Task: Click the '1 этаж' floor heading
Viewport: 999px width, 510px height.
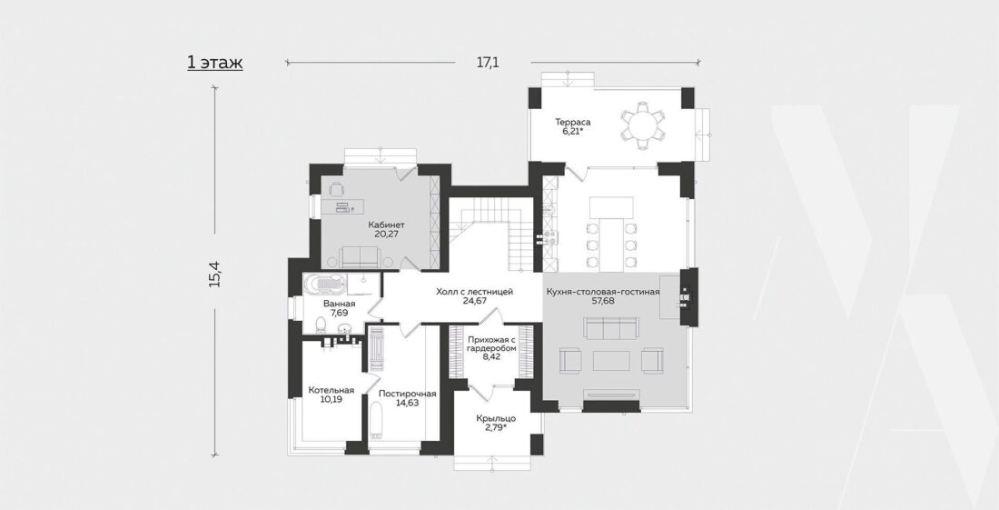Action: pyautogui.click(x=214, y=63)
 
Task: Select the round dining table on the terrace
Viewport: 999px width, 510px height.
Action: pyautogui.click(x=642, y=125)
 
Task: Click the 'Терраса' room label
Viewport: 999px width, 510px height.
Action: pyautogui.click(x=573, y=122)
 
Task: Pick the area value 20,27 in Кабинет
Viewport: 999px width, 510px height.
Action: pyautogui.click(x=386, y=234)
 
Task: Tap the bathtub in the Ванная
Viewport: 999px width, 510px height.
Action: pyautogui.click(x=323, y=285)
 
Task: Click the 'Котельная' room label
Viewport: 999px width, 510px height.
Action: pyautogui.click(x=331, y=389)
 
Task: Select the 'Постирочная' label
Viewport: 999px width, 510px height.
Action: pyautogui.click(x=407, y=394)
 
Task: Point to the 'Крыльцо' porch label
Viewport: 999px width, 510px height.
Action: pyautogui.click(x=496, y=418)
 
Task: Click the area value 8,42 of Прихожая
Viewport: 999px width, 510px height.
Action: pyautogui.click(x=490, y=357)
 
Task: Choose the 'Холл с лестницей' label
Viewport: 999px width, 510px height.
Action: pyautogui.click(x=475, y=291)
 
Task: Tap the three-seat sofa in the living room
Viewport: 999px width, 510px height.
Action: pyautogui.click(x=611, y=329)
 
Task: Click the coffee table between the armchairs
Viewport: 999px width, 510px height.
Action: pyautogui.click(x=611, y=361)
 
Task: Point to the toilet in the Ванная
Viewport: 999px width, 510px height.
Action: pyautogui.click(x=321, y=326)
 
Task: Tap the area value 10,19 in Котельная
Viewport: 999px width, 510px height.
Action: pyautogui.click(x=331, y=399)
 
